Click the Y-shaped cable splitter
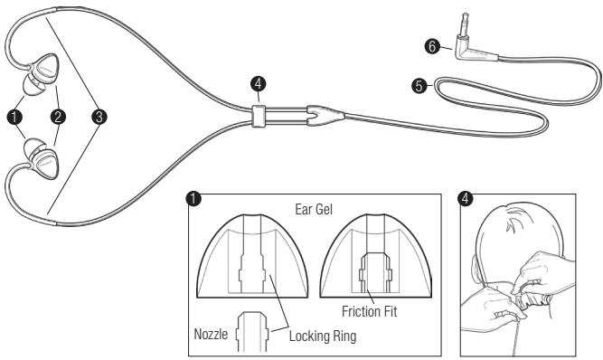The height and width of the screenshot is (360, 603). [x=318, y=116]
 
